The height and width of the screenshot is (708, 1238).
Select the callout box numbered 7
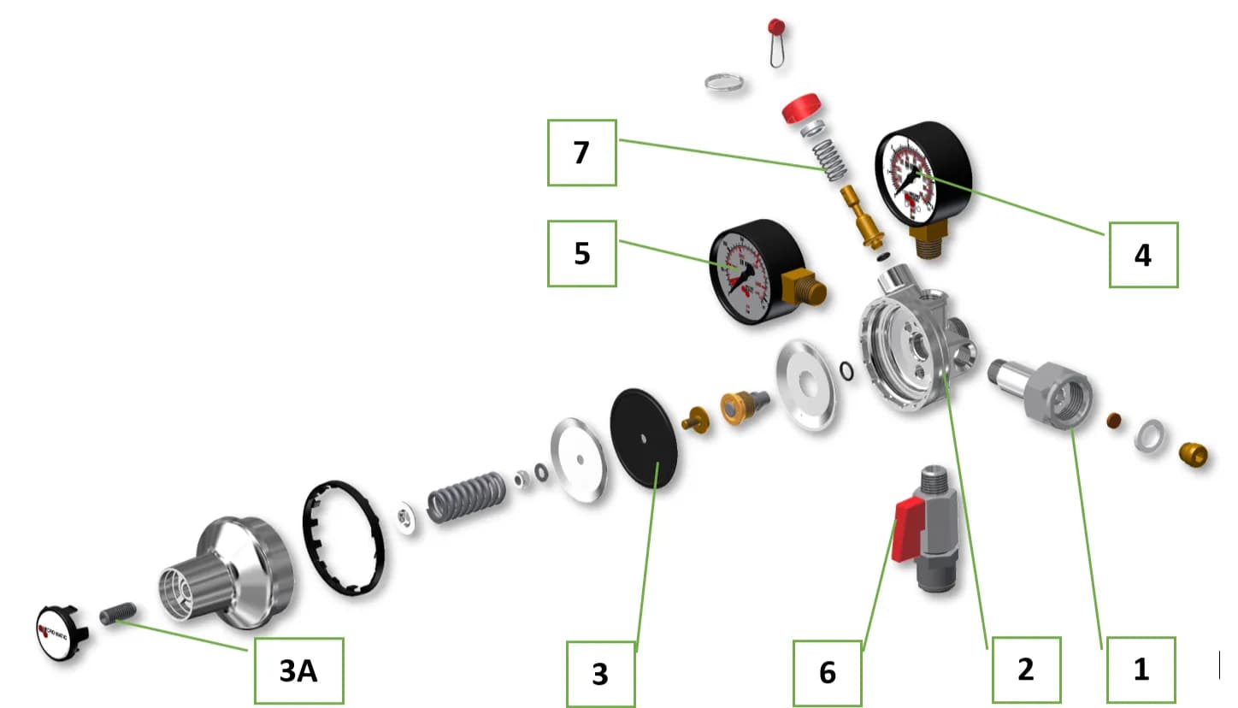tap(581, 152)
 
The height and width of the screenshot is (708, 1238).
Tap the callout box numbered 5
tap(581, 253)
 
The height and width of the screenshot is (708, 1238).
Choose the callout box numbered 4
tap(1143, 254)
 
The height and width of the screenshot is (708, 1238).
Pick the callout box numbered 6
tap(827, 671)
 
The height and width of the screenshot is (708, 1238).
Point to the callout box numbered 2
tap(1025, 670)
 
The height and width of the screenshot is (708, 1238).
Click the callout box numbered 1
tap(1141, 670)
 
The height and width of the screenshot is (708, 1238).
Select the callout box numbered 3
tap(600, 673)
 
